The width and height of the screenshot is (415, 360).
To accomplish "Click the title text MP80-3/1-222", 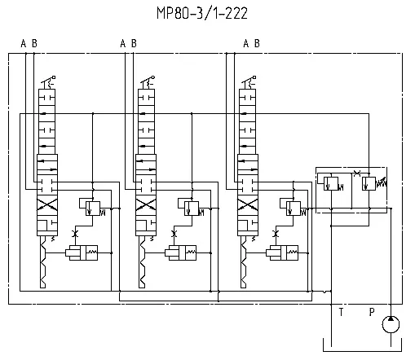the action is tap(202, 13).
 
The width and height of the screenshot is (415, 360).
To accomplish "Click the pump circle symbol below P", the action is tap(391, 324).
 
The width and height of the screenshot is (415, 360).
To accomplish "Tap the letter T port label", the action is tap(341, 312).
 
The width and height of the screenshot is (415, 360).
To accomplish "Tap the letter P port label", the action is tap(372, 312).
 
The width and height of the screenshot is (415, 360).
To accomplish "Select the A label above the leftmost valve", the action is tap(24, 43).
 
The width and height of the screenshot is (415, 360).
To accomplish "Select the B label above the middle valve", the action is tap(134, 43).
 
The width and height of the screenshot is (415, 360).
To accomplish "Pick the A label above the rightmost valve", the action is tap(246, 43).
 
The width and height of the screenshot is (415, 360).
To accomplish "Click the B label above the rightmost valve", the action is tap(257, 43).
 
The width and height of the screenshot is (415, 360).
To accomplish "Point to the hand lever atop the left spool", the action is tap(48, 82).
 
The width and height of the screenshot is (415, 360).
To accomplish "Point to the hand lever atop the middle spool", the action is tap(148, 82).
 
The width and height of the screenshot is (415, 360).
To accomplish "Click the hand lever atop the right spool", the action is tap(249, 82).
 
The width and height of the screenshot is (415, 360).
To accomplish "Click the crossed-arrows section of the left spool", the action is tap(47, 204).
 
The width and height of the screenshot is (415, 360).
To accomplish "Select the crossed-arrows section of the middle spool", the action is tap(146, 204).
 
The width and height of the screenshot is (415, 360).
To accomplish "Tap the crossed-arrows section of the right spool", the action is tap(248, 204).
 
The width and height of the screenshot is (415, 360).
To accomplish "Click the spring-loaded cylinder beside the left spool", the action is tap(82, 253).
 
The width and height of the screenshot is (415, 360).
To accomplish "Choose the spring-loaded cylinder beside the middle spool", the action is tap(181, 253).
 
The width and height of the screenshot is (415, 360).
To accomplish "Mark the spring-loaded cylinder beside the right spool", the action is tap(282, 253).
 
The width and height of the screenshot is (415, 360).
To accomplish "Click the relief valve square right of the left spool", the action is tap(93, 209).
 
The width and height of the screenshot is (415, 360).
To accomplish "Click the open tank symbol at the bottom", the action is tap(362, 351).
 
